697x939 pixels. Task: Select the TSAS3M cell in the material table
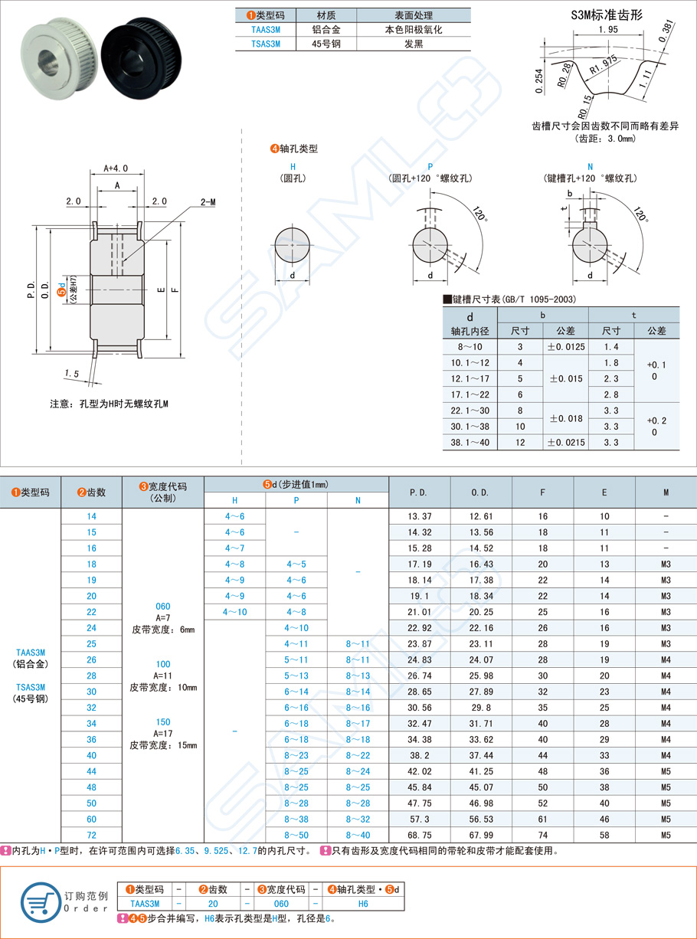click(x=265, y=44)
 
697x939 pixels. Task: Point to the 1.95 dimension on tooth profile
click(x=609, y=29)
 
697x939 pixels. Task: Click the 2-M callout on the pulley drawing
click(x=208, y=201)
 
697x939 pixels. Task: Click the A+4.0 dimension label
click(x=116, y=168)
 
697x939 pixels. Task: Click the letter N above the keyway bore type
click(x=589, y=165)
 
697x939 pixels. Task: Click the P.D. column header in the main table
click(x=419, y=492)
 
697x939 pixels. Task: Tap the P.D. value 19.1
click(x=419, y=596)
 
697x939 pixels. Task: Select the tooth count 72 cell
click(x=91, y=835)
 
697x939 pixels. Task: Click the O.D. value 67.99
click(x=480, y=835)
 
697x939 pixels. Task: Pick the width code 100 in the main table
click(x=162, y=664)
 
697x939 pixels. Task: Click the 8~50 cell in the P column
click(x=296, y=835)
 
